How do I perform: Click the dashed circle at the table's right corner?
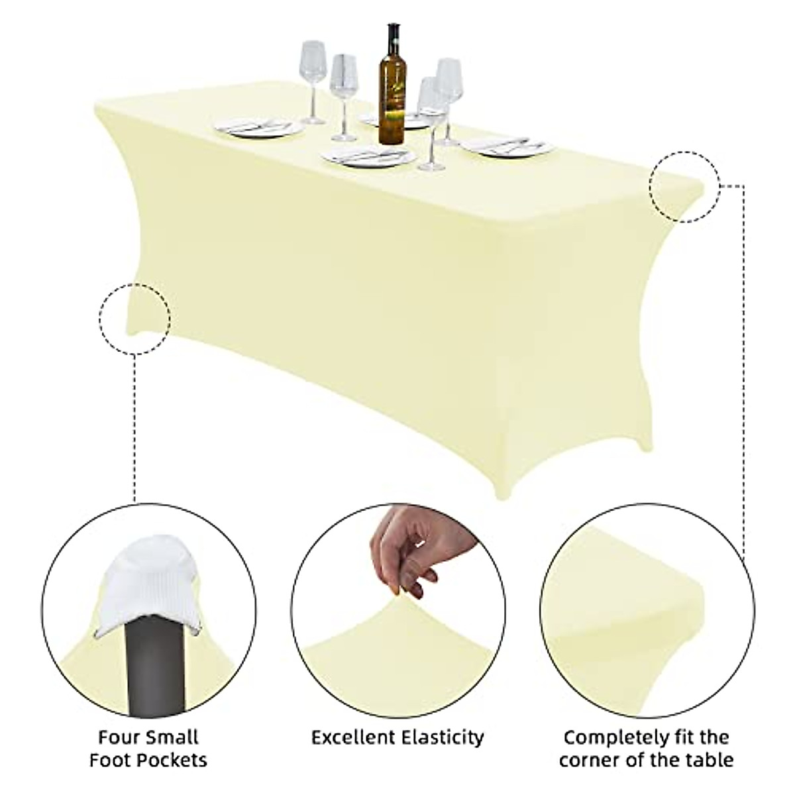click(x=684, y=187)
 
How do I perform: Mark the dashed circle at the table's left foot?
click(x=135, y=320)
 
